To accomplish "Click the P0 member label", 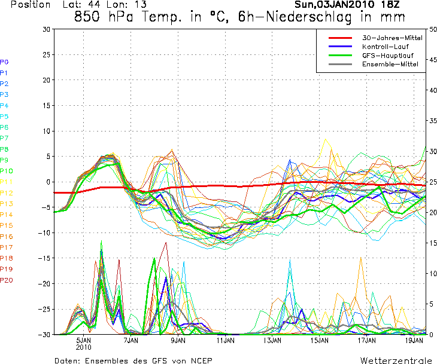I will click(4, 62).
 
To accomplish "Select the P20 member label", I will click(6, 280).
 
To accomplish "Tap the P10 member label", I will click(6, 171).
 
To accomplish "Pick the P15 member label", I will click(6, 225).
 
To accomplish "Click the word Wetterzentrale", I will click(396, 360).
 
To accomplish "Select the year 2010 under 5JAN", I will click(84, 346).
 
